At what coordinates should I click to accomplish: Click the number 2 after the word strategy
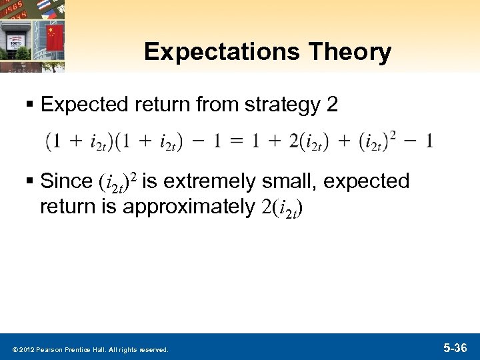(331, 104)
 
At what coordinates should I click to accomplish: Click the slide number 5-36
(457, 347)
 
